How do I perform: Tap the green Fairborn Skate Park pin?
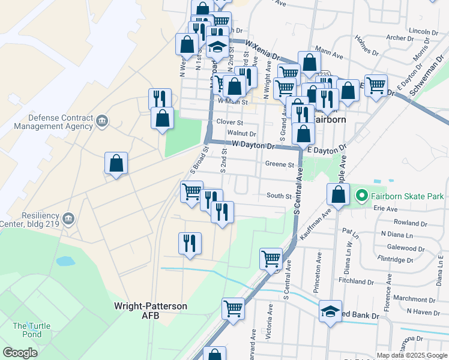coord(362,196)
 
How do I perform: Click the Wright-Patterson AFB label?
coord(151,310)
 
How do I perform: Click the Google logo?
coord(20,353)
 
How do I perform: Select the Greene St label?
coord(279,164)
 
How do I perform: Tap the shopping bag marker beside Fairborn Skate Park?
coord(339,194)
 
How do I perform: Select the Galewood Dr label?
coord(406,248)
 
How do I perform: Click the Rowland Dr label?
coord(411,223)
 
